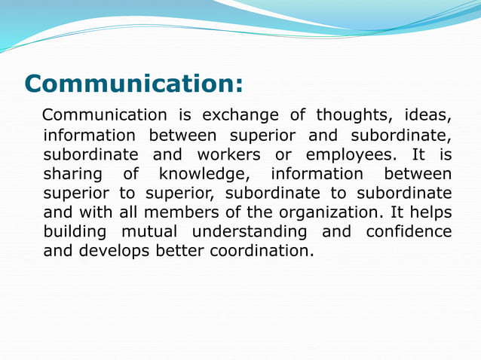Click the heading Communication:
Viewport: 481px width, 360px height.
(x=134, y=83)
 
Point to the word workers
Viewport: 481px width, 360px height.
(x=228, y=155)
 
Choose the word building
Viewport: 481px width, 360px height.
(x=72, y=232)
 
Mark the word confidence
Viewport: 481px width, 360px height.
(x=409, y=232)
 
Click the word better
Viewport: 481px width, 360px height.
(x=178, y=251)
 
